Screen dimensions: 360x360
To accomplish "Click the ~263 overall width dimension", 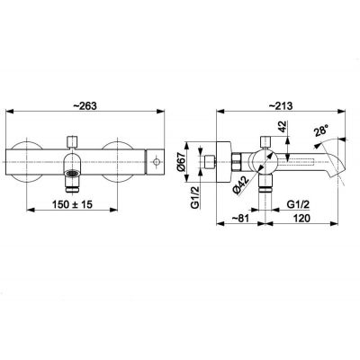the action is pyautogui.click(x=85, y=106).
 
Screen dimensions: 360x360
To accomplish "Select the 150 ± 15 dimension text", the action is pyautogui.click(x=72, y=204).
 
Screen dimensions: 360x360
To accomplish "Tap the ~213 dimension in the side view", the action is pyautogui.click(x=281, y=105).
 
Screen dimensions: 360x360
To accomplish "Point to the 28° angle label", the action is pyautogui.click(x=320, y=131).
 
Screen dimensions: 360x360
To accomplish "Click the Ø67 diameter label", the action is pyautogui.click(x=181, y=162).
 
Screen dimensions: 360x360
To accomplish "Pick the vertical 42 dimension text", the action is pyautogui.click(x=283, y=127).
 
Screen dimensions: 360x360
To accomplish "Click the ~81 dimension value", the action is pyautogui.click(x=241, y=219).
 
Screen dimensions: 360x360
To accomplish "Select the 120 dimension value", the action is pyautogui.click(x=301, y=219).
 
